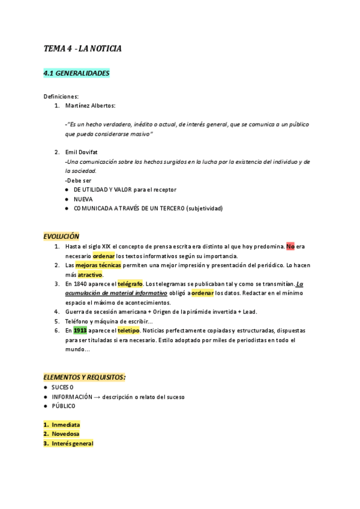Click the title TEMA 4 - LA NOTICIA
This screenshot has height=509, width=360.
tap(82, 48)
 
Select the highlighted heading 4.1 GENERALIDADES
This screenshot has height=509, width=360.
tap(76, 73)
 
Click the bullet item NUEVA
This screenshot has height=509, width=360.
tap(83, 199)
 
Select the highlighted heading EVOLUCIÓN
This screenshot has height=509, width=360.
tap(61, 236)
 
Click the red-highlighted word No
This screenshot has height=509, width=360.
tap(290, 246)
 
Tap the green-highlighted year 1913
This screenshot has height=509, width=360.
tap(80, 331)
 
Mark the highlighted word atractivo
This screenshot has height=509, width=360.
tap(89, 274)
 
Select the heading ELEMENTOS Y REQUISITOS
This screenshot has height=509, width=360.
tap(84, 377)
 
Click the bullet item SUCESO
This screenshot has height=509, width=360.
tap(63, 387)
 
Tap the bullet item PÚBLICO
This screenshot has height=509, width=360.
tap(64, 406)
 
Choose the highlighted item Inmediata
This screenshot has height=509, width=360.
tap(65, 424)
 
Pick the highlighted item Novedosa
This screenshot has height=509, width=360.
tap(65, 434)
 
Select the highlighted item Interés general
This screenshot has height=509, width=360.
tap(72, 444)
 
